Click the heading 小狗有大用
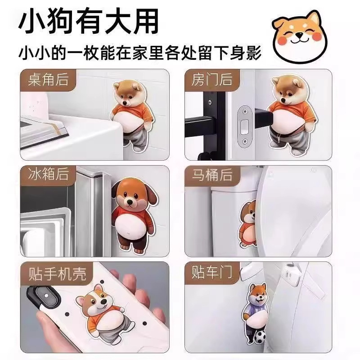(x=88, y=22)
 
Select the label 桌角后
(x=48, y=80)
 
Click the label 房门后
(x=211, y=80)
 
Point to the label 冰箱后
(x=48, y=174)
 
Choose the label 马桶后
(x=212, y=175)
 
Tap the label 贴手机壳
(x=57, y=274)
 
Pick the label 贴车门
(x=211, y=272)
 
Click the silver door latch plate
(x=244, y=126)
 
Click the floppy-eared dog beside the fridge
(x=135, y=216)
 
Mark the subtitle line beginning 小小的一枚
(x=140, y=53)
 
